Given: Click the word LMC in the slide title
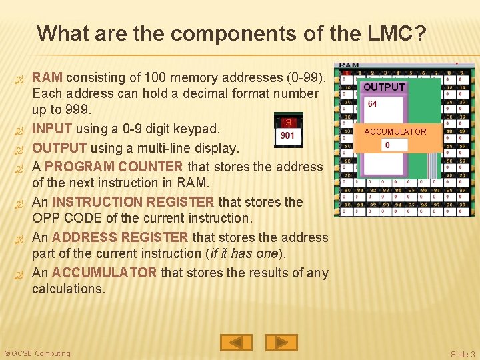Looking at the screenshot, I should pos(389,33).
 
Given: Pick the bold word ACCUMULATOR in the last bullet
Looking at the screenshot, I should pos(104,273).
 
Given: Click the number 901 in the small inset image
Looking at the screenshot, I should pos(287,136).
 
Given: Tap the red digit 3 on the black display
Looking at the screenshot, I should pos(288,123).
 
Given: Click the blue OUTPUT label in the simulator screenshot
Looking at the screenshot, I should pos(384,87).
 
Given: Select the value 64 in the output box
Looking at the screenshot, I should pos(373,104).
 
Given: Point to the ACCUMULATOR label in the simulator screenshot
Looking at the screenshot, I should pos(395,132).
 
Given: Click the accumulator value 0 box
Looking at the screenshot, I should pos(387,145).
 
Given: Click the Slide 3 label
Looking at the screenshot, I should pos(463,354).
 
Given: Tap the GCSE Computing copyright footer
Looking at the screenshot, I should pos(37,353).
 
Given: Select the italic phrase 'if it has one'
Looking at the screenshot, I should pos(244,254).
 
